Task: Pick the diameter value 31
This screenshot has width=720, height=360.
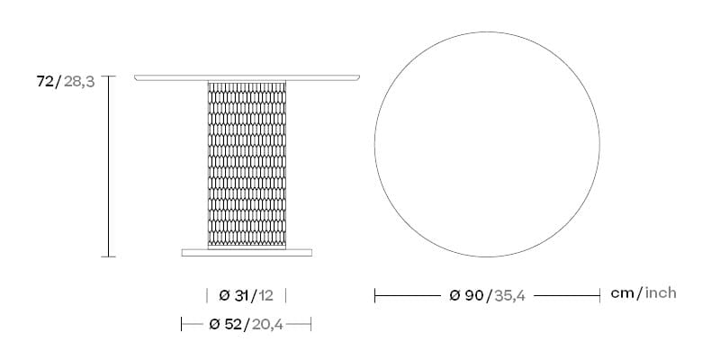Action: click(242, 295)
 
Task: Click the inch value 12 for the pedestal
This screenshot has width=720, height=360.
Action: click(265, 295)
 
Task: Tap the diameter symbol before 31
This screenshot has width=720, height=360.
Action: click(224, 295)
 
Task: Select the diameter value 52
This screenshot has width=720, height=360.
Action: click(232, 324)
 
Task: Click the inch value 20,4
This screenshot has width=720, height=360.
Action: click(267, 324)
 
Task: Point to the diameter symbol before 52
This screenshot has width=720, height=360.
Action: click(214, 324)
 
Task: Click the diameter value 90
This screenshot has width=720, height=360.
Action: click(472, 295)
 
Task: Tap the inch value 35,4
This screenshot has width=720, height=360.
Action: click(507, 295)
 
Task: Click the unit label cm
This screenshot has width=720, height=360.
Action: click(624, 293)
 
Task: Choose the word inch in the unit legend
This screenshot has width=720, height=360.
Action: click(660, 293)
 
